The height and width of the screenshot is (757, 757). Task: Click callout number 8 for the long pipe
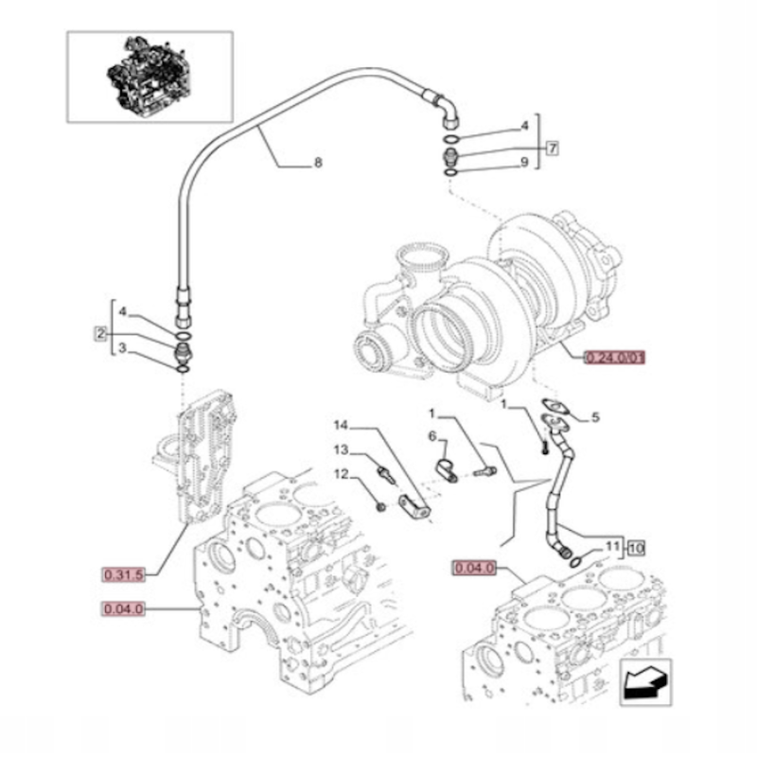click(x=318, y=163)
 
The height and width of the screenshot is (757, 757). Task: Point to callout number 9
click(x=524, y=163)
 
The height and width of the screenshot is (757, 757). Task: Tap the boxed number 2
click(x=98, y=332)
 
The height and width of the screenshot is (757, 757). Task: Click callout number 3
click(x=122, y=350)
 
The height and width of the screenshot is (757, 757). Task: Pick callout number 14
click(x=340, y=424)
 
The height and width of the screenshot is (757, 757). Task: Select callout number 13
click(x=340, y=449)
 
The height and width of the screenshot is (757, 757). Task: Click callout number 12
click(x=340, y=474)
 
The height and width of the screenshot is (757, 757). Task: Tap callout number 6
click(x=431, y=436)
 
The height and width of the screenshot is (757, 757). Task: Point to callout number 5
click(x=595, y=417)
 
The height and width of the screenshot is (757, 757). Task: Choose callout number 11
click(x=612, y=547)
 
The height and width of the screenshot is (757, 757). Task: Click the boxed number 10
click(x=636, y=547)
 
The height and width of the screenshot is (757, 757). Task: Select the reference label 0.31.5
click(x=123, y=573)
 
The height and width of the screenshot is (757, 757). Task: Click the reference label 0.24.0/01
click(x=614, y=358)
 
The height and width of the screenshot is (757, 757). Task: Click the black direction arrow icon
click(x=645, y=680)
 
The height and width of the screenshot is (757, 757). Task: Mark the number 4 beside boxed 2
click(x=122, y=311)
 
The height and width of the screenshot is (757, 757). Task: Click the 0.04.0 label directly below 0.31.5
click(x=123, y=608)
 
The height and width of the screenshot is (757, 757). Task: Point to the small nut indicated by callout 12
click(x=380, y=507)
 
